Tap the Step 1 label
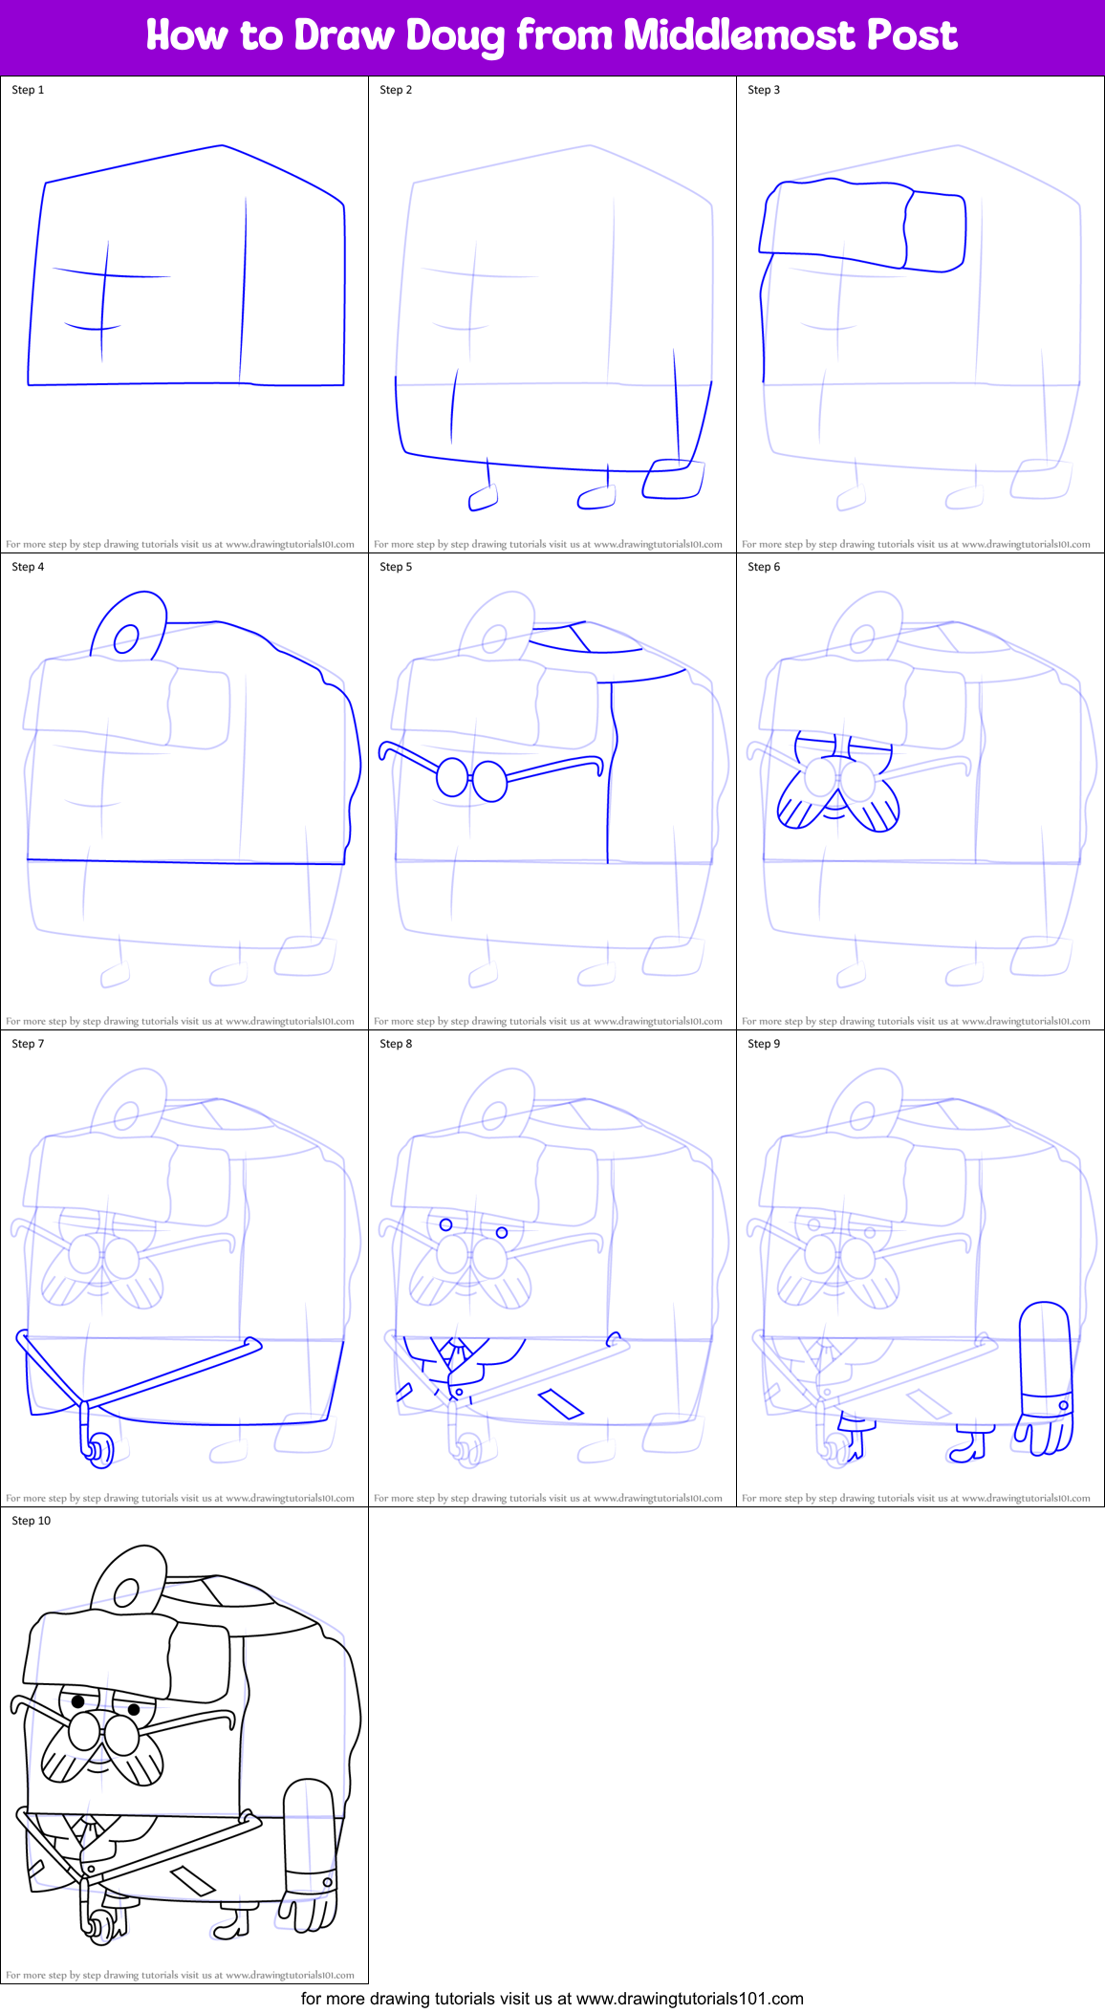(x=28, y=90)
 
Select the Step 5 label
(x=396, y=567)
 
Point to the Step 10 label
(x=31, y=1521)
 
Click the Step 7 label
(x=28, y=1044)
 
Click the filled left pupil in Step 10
(x=78, y=1700)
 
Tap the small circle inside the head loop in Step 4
(x=126, y=639)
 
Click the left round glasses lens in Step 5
(x=452, y=777)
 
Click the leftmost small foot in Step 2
(x=483, y=497)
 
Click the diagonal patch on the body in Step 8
(x=560, y=1404)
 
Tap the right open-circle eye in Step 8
(x=502, y=1233)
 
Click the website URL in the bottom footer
(x=689, y=1999)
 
